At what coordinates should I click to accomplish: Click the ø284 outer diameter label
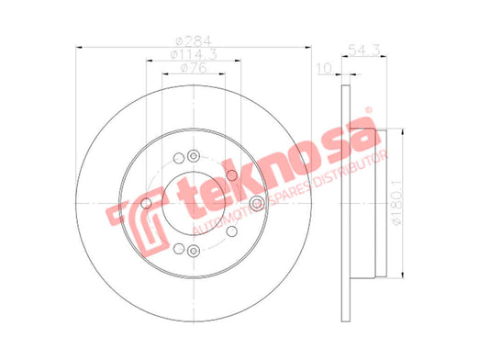point(194,41)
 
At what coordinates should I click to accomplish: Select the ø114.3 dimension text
point(194,54)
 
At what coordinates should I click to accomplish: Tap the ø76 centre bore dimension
point(194,68)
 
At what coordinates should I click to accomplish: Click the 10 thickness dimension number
point(324,69)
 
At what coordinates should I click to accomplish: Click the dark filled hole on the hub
point(232,175)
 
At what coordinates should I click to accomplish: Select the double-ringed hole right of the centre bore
point(256,204)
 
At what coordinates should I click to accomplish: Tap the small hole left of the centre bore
point(147,203)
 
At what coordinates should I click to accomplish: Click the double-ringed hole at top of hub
point(194,156)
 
